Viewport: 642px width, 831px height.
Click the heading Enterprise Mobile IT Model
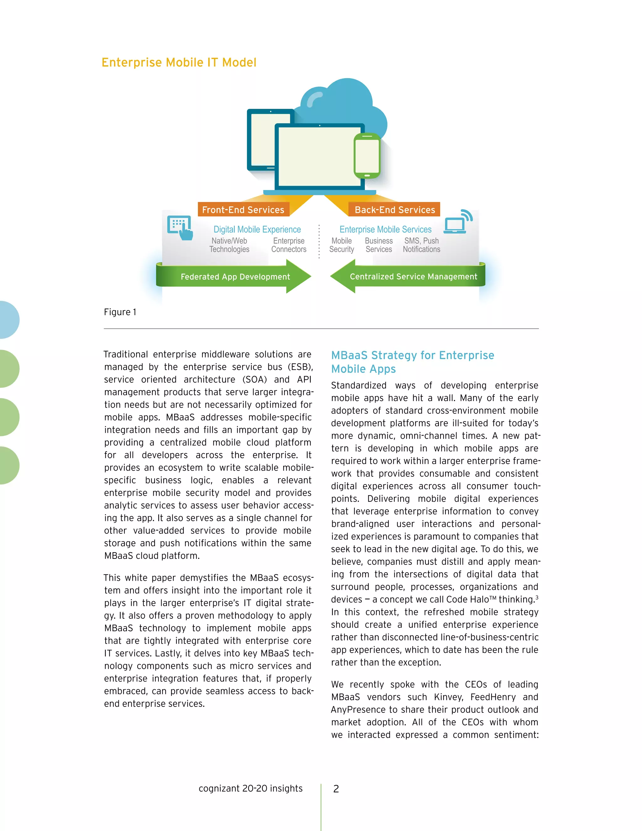[x=179, y=62]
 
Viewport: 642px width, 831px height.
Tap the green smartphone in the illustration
[x=367, y=156]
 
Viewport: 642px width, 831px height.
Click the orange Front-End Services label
[x=243, y=210]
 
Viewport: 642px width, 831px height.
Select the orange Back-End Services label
[x=394, y=210]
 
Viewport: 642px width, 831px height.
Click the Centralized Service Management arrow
[x=409, y=277]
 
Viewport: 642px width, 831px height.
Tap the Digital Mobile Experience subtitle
[x=257, y=230]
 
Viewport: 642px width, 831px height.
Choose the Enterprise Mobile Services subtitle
[x=385, y=230]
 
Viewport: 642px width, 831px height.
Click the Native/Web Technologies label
[x=229, y=245]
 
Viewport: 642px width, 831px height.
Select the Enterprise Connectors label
[x=289, y=245]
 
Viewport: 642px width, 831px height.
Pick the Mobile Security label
[x=342, y=245]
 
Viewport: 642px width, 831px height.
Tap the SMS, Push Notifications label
[x=421, y=245]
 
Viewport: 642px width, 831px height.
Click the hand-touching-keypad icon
[x=180, y=228]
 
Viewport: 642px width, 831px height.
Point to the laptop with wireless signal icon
[x=458, y=221]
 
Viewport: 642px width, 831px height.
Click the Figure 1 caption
[x=120, y=312]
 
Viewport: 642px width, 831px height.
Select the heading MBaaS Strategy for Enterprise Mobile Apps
[x=412, y=362]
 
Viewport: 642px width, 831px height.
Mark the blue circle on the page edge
[x=8, y=320]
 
